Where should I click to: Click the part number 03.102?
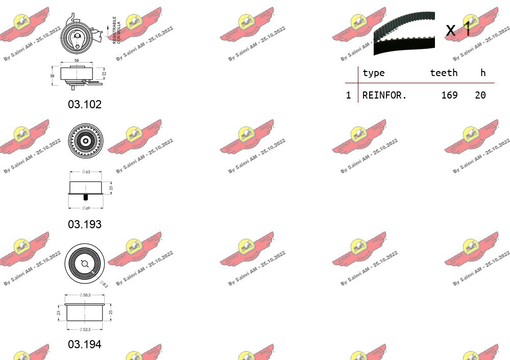pos(85,104)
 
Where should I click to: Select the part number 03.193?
pos(85,224)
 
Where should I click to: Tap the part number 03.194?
pos(85,344)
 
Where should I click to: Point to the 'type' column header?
pos(373,73)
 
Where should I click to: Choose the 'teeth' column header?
pos(443,73)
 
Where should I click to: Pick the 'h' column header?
pos(482,73)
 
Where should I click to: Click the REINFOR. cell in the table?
pos(384,95)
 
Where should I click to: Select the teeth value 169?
pos(449,95)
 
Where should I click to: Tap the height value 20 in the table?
pos(480,95)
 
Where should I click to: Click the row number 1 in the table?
pos(348,95)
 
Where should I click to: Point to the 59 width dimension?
pos(77,61)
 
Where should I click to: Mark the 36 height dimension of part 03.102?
pos(52,76)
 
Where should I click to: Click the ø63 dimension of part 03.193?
pos(86,172)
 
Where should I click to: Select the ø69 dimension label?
pos(85,208)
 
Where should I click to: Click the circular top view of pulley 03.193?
pos(85,141)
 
